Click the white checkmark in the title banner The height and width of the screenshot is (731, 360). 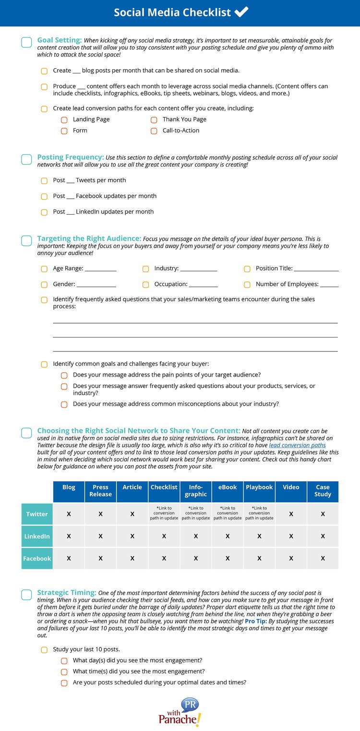point(241,12)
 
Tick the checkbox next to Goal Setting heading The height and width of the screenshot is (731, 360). point(26,42)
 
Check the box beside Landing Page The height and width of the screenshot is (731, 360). point(64,120)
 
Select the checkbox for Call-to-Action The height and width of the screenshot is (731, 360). point(154,131)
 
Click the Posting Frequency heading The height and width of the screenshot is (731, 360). point(71,157)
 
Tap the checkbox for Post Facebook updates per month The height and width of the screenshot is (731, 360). point(44,196)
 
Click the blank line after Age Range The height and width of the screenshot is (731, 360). point(100,269)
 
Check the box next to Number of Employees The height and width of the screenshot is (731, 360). point(247,284)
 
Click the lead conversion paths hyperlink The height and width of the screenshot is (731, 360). point(297,445)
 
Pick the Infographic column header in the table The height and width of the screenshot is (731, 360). point(196,491)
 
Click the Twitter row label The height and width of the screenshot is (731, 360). point(37,514)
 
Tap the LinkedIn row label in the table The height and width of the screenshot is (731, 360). point(37,536)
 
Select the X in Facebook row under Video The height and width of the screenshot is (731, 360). point(291,558)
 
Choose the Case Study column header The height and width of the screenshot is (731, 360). point(323,491)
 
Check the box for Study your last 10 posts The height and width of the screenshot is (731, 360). point(44,650)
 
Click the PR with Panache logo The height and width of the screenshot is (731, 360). point(180,712)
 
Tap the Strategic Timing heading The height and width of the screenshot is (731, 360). point(67,593)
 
